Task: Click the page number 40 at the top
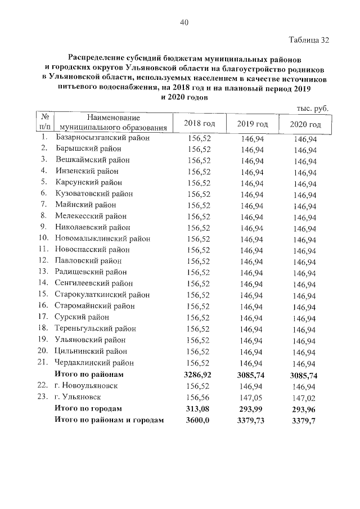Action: pos(184,22)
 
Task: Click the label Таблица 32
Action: pos(308,40)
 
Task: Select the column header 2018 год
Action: pos(199,124)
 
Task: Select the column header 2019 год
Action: pos(252,124)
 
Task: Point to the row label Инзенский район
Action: pos(87,172)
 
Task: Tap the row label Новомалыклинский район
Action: pos(102,238)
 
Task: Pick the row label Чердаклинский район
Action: pos(94,363)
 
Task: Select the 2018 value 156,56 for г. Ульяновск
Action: pos(199,397)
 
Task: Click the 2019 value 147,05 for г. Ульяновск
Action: pos(251,397)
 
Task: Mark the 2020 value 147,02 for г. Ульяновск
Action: pos(305,397)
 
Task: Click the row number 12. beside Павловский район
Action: pos(44,261)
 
